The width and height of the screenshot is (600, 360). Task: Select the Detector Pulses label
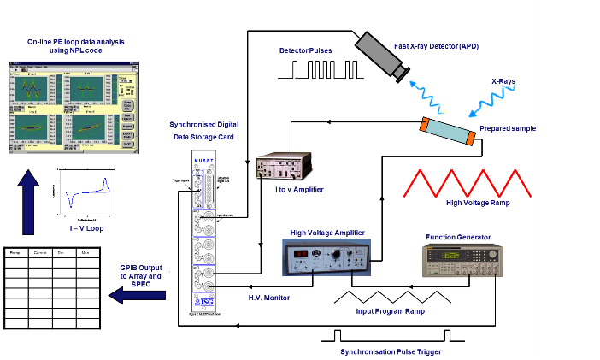(x=306, y=51)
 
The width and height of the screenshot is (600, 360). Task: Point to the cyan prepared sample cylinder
(x=447, y=133)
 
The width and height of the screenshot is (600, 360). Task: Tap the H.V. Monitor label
(x=269, y=298)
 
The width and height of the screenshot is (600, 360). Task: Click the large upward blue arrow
(x=28, y=200)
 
